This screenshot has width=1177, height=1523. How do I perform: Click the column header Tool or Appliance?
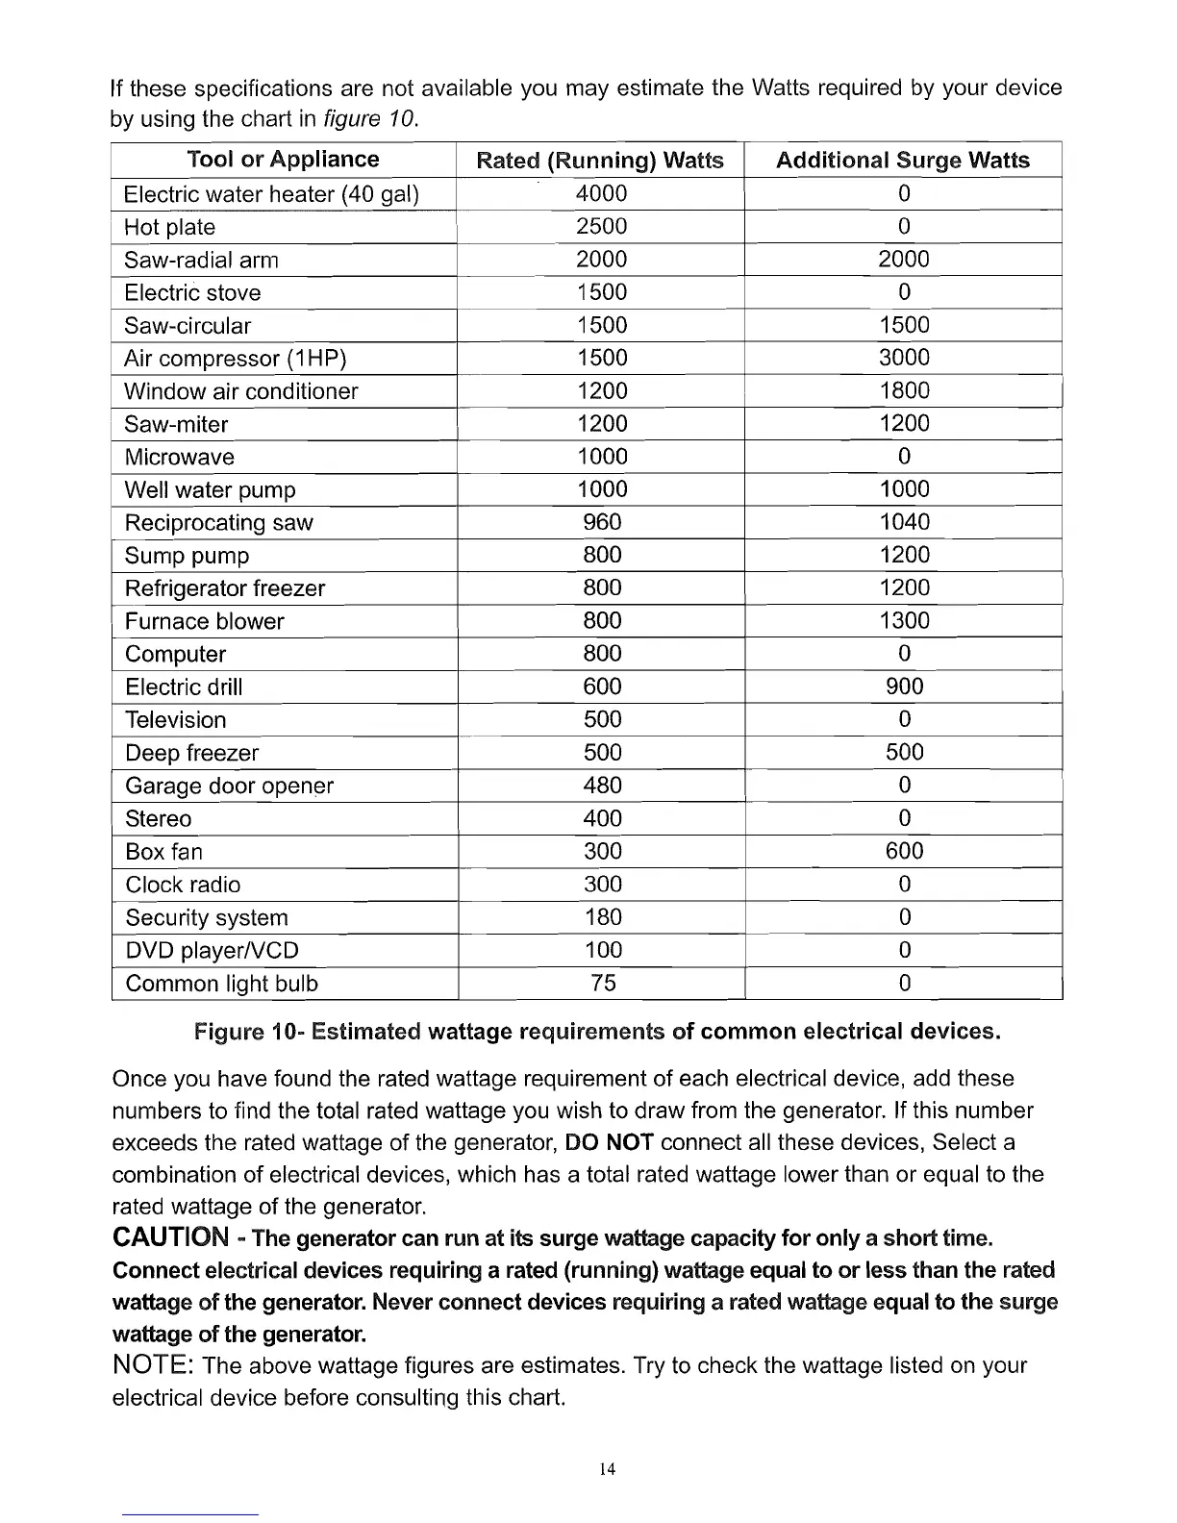283,160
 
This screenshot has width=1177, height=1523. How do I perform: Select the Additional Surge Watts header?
902,161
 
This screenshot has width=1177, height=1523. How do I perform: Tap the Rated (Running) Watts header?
600,161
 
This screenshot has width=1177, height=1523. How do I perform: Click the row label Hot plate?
170,228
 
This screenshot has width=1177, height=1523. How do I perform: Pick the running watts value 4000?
601,194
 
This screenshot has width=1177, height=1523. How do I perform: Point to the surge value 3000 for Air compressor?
904,358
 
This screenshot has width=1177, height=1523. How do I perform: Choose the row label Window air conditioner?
241,391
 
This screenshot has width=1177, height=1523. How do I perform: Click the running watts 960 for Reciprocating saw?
602,522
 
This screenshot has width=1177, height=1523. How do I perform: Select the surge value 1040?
904,522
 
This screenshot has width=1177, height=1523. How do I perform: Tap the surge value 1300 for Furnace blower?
904,621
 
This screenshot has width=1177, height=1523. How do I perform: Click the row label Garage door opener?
230,786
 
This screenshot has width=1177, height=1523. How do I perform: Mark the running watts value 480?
602,786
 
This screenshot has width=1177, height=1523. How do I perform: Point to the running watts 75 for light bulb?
603,983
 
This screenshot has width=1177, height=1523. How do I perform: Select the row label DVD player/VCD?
213,951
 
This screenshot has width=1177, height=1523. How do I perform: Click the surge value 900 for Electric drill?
904,687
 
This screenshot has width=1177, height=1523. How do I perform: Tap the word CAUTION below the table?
171,1236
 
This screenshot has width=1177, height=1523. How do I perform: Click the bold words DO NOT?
611,1142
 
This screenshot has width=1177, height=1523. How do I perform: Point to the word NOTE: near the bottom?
156,1365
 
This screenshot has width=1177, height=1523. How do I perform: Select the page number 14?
607,1469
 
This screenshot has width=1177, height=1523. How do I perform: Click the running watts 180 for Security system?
603,917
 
